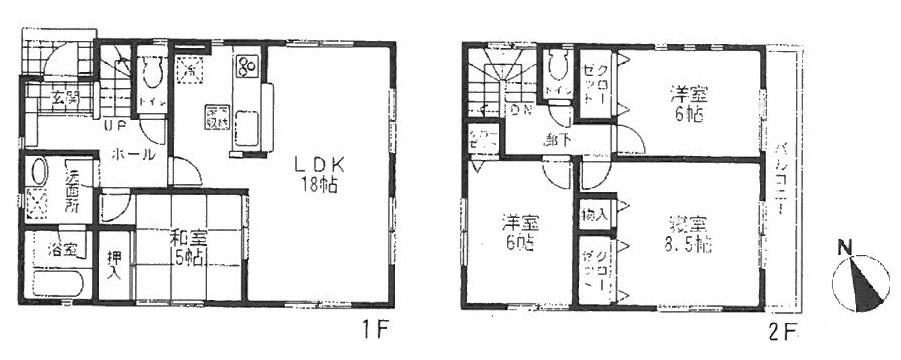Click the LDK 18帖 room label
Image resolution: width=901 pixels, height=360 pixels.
pos(311,173)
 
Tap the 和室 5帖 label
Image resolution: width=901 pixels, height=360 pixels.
pos(190,247)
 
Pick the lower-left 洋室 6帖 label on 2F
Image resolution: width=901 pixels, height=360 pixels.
pos(517,233)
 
